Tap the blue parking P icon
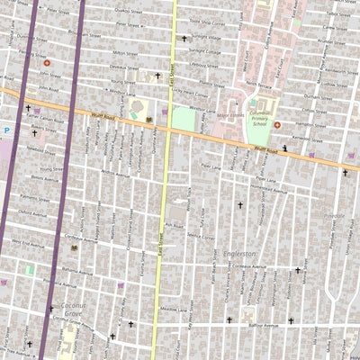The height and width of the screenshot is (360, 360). [6, 130]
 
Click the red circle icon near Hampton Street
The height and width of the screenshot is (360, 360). [276, 124]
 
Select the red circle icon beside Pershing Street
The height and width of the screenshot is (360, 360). [47, 63]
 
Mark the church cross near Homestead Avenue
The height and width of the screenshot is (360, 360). [239, 205]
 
